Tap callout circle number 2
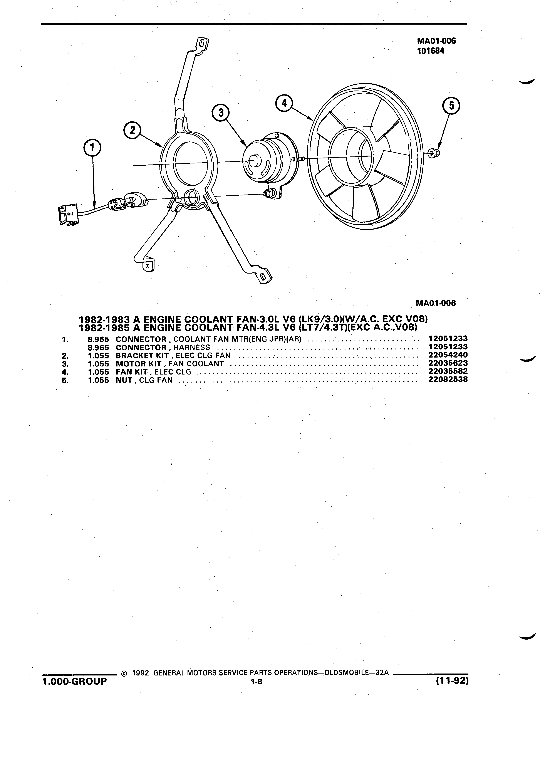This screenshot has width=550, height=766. [x=132, y=130]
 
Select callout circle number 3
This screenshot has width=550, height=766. [x=221, y=113]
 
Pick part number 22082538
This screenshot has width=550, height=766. [x=448, y=379]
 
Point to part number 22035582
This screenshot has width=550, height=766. [x=448, y=371]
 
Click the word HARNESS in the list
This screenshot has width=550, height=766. [x=191, y=347]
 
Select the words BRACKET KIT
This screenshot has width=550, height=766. [x=142, y=355]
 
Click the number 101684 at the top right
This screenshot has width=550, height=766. [x=431, y=51]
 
